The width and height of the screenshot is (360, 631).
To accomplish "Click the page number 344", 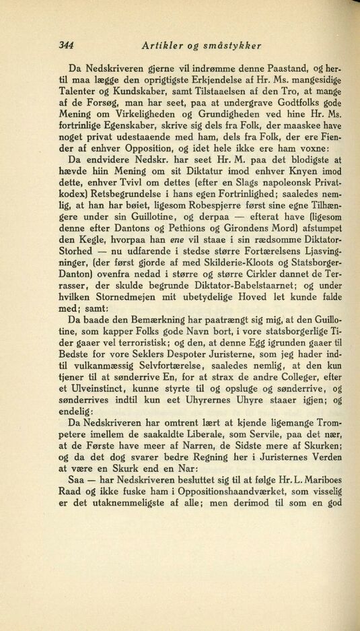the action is click(x=66, y=46).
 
